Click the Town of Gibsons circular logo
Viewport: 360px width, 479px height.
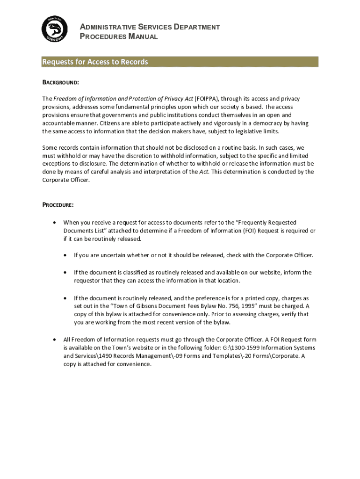[x=54, y=29]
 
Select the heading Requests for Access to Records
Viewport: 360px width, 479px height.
[x=95, y=62]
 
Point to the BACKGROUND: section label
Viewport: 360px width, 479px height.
[x=61, y=82]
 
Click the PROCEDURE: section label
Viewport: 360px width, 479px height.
[x=58, y=205]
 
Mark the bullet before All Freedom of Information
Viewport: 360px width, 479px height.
[x=55, y=339]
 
